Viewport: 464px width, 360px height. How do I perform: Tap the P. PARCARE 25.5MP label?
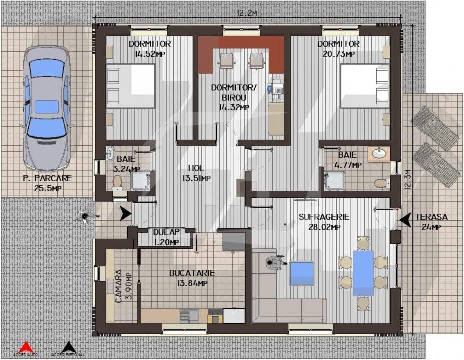47,183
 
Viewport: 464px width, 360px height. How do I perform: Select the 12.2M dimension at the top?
247,14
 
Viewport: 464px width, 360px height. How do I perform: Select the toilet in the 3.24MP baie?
117,183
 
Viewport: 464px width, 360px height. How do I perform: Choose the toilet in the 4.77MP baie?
381,183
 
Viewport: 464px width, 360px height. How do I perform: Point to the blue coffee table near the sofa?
302,274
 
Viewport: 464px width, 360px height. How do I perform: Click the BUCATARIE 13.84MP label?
192,278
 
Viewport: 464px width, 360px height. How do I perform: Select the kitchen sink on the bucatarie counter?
189,316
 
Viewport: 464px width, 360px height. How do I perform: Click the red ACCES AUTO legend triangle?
26,347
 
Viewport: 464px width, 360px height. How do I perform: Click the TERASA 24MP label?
431,222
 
